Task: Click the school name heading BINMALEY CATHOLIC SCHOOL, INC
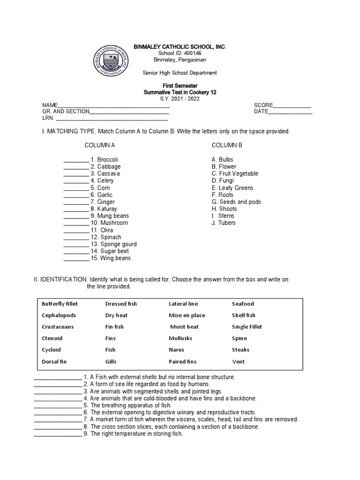(180, 47)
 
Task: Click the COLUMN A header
(100, 145)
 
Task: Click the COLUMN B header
(227, 145)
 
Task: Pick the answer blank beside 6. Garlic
(76, 195)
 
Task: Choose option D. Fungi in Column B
(222, 181)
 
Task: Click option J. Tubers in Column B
(224, 223)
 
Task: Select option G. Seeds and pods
(236, 202)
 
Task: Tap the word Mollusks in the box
(180, 338)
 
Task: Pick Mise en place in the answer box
(187, 315)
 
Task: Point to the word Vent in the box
(238, 362)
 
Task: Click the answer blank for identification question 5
(58, 405)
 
